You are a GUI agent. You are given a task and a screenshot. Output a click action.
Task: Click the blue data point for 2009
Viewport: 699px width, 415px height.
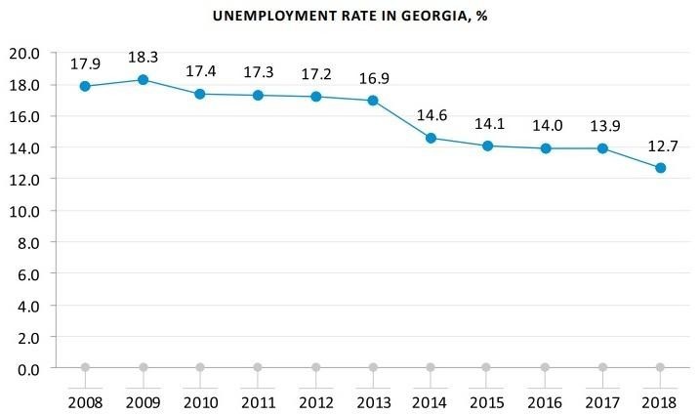(x=144, y=80)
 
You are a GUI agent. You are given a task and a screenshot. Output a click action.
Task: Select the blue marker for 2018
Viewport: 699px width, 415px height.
(x=661, y=168)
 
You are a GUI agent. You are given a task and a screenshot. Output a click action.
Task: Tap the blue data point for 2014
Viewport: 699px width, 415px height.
(x=431, y=138)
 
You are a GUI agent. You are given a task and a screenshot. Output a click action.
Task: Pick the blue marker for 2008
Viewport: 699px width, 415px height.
(x=86, y=86)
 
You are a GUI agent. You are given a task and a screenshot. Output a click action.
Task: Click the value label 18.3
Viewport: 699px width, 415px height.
(x=144, y=59)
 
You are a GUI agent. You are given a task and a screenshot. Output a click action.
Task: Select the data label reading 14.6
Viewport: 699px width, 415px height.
(x=431, y=116)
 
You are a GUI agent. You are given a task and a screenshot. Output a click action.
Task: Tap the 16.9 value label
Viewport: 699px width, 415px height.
(x=373, y=79)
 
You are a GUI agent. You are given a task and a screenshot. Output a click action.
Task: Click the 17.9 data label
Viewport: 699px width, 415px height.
(x=86, y=64)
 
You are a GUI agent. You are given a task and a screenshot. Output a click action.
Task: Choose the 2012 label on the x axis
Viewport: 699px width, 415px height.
(x=315, y=401)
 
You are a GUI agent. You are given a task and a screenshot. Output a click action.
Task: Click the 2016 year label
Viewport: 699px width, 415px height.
(x=546, y=401)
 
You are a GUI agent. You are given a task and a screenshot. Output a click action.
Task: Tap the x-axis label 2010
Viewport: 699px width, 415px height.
(x=201, y=401)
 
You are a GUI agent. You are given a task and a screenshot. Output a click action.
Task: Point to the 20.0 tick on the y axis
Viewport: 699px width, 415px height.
(x=25, y=53)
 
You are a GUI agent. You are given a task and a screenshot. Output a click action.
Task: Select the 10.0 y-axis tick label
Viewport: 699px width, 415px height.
(x=25, y=211)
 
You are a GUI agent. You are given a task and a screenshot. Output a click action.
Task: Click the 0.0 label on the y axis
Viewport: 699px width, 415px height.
(x=29, y=368)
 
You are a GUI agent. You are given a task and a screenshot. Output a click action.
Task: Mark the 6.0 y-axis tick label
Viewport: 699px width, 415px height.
(x=29, y=274)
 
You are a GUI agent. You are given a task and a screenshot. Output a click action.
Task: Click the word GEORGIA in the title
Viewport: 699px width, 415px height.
(x=423, y=17)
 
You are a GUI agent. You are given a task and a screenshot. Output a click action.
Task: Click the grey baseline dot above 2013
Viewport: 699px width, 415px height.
(x=373, y=367)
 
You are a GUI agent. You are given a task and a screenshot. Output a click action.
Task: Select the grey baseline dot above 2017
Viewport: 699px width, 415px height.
(x=603, y=367)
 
